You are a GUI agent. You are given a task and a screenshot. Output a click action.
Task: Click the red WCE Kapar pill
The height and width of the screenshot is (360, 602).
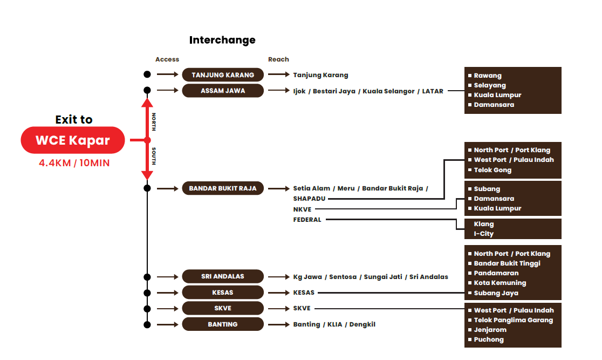[73, 140]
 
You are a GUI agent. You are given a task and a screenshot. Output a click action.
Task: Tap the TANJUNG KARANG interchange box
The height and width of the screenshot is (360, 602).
[223, 75]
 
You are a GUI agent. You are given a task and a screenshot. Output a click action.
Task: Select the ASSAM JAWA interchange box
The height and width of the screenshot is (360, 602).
[223, 91]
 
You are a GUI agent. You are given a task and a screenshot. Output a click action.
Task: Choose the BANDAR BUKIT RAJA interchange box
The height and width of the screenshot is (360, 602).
[223, 188]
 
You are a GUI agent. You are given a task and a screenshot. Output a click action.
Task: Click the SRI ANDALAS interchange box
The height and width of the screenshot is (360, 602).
[223, 276]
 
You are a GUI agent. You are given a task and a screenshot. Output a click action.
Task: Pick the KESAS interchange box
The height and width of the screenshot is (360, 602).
[223, 293]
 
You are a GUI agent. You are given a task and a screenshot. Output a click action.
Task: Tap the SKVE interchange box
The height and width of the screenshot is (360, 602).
[223, 308]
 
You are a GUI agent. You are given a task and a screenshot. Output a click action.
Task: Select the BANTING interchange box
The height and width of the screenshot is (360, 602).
[223, 324]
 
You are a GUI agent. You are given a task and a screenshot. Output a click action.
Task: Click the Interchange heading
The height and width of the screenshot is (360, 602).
[222, 40]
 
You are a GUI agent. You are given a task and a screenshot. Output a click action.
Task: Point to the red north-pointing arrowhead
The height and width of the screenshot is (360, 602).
[147, 103]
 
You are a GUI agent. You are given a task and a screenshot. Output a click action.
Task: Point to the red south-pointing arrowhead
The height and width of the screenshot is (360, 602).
[147, 175]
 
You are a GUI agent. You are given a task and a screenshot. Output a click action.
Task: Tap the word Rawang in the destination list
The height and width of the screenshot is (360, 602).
[488, 76]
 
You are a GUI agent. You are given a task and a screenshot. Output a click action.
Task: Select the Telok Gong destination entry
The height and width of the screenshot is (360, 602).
[492, 170]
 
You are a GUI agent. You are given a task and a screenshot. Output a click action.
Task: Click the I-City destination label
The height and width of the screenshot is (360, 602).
[483, 234]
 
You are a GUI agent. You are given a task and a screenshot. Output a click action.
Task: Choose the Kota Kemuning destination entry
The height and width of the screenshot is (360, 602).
[500, 283]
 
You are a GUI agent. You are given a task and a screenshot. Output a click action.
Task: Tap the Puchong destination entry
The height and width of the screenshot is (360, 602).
[489, 339]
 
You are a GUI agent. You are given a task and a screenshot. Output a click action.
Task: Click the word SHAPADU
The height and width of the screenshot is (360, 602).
[309, 199]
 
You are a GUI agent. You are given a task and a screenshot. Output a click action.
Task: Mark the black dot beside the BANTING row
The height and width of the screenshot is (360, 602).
[147, 324]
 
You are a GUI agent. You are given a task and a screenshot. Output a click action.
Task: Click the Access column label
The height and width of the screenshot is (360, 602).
[167, 59]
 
